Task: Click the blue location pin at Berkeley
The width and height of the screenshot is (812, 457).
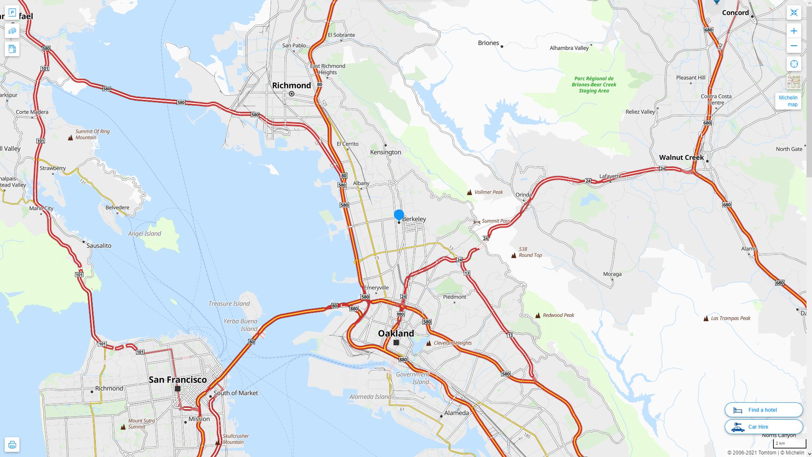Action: click(399, 215)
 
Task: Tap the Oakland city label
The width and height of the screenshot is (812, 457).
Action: click(396, 333)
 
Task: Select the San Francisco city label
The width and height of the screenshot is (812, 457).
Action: click(177, 380)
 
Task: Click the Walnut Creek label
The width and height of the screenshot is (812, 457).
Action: click(681, 157)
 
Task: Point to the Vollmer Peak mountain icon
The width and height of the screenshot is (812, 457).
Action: click(469, 193)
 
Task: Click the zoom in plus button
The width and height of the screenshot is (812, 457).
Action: click(794, 31)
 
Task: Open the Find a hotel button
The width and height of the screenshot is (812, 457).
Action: click(763, 410)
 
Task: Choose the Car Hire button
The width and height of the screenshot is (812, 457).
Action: click(763, 427)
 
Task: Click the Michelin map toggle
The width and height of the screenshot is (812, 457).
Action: click(788, 101)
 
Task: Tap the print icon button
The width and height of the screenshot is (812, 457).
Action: click(12, 445)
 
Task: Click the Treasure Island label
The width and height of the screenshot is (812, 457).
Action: click(229, 303)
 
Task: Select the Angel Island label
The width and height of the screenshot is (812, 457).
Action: click(144, 234)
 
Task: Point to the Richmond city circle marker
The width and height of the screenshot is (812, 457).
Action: click(291, 94)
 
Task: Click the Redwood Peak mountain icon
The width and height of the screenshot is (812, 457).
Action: click(538, 315)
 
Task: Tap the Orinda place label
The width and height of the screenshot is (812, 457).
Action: click(524, 195)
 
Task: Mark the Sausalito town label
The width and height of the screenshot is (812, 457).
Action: click(99, 245)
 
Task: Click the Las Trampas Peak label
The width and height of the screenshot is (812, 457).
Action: click(730, 318)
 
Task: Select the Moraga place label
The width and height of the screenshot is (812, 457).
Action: click(612, 274)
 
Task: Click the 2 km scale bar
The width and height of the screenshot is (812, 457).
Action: click(789, 443)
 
